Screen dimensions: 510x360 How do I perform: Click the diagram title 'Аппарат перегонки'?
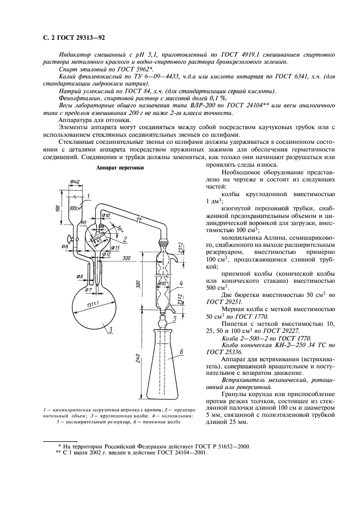click(x=120, y=168)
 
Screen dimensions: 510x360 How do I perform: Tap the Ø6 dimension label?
click(x=79, y=261)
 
